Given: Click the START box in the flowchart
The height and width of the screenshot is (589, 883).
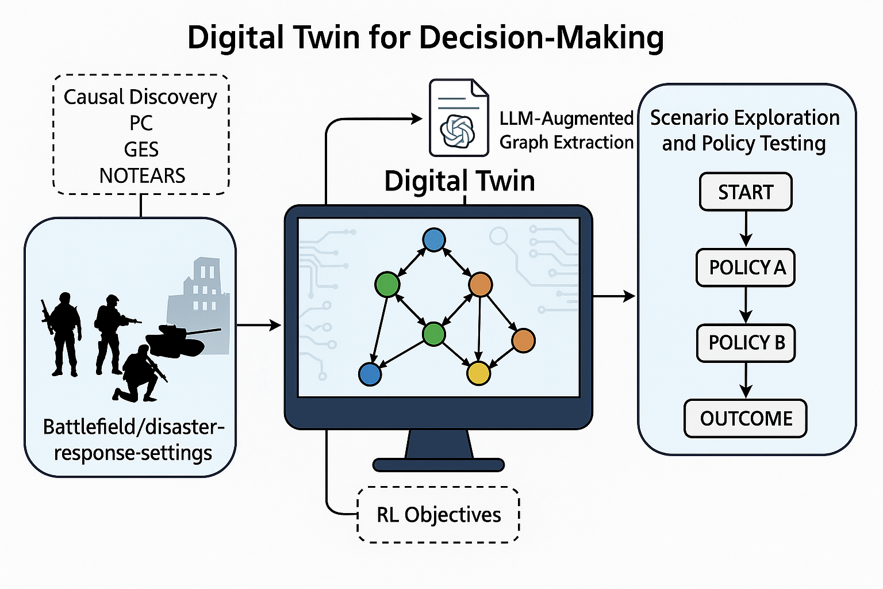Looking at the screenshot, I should click(746, 192).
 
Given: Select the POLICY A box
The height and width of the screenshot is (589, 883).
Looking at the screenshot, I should click(746, 267).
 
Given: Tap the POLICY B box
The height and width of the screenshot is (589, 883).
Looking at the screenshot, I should click(746, 343).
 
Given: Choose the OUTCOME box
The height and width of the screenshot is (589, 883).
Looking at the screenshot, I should click(746, 418).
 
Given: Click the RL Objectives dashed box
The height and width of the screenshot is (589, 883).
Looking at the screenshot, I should click(439, 514).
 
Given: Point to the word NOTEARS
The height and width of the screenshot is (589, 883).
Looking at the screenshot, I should click(142, 175).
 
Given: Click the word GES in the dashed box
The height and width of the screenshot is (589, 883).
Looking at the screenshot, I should click(141, 150).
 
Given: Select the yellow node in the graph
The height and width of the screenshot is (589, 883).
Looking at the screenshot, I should click(478, 373).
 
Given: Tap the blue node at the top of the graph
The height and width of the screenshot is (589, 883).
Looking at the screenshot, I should click(433, 240).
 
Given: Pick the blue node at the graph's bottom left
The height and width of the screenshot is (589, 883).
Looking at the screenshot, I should click(370, 374).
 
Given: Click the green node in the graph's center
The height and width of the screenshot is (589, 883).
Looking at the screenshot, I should click(433, 334).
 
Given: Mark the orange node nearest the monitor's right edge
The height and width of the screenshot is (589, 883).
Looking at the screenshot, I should click(523, 341).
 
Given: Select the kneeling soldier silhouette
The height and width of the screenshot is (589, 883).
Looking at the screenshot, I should click(138, 374).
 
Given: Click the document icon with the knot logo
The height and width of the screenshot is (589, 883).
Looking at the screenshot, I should click(458, 118).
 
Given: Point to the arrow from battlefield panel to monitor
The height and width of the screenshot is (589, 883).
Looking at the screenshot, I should click(259, 326).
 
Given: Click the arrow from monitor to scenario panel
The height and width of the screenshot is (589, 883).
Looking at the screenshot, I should click(614, 296).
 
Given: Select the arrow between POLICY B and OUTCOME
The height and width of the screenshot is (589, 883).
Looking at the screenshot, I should click(746, 380).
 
